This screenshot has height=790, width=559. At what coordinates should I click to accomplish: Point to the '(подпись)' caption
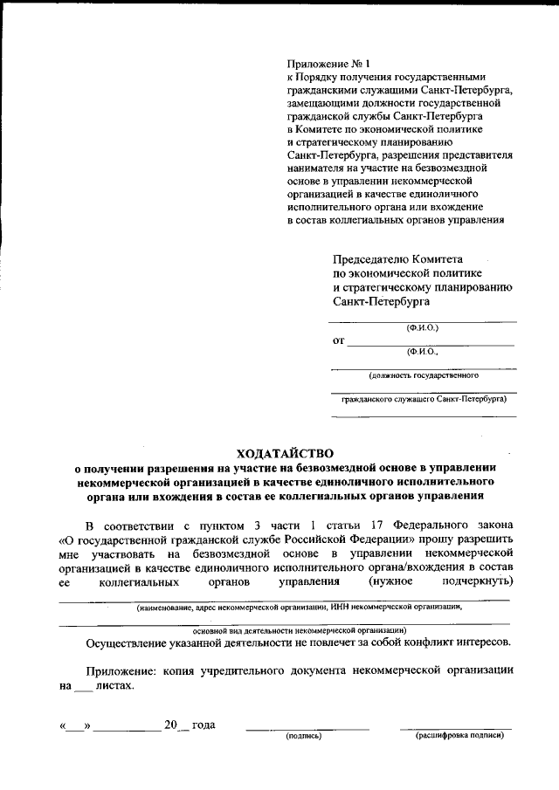(x=305, y=738)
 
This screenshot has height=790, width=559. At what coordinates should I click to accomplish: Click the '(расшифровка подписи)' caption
(x=459, y=738)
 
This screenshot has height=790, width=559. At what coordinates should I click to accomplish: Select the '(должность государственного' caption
(x=423, y=376)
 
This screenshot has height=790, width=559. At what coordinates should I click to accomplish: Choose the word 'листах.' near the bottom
(x=115, y=686)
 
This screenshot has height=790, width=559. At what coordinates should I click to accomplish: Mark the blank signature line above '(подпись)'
(x=307, y=728)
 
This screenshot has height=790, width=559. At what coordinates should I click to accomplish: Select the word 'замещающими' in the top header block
(x=323, y=102)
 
